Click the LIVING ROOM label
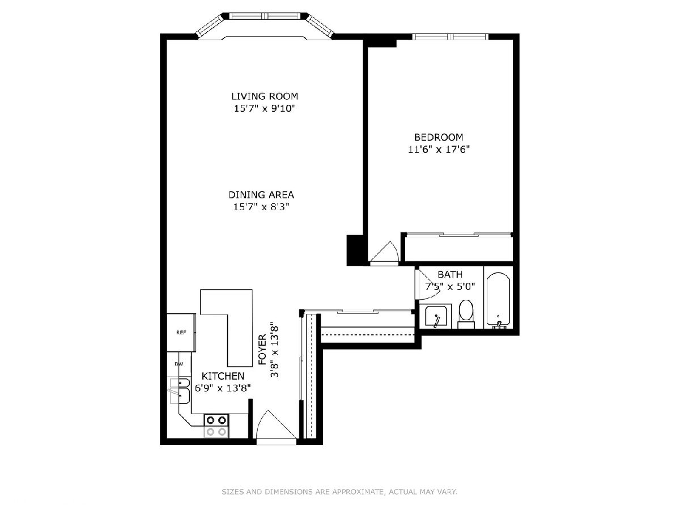pos(265,96)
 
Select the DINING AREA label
pos(261,195)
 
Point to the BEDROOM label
pos(439,137)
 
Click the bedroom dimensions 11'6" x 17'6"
pos(439,150)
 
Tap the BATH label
pos(450,274)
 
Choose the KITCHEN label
pos(223,376)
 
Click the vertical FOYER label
pos(262,350)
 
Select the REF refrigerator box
pos(181,333)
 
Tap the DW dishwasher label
pos(179,364)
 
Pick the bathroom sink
pos(436,316)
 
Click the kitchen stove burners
pos(216,426)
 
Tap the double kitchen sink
pos(180,391)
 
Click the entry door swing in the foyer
pos(276,424)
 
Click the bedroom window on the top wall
pos(450,37)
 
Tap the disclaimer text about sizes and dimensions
pos(339,491)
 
